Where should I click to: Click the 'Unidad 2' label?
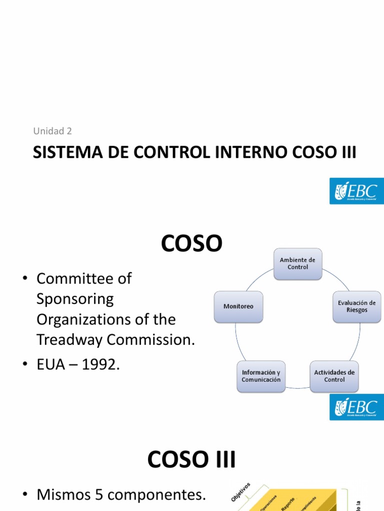[x=52, y=131]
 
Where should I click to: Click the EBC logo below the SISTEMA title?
[x=356, y=191]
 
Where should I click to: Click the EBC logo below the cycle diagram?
[x=356, y=407]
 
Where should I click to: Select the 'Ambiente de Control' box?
[x=297, y=263]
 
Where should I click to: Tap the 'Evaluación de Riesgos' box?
[x=356, y=306]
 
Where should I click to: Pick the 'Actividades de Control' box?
[x=334, y=376]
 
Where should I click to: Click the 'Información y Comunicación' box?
[x=261, y=376]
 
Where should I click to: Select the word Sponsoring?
[x=75, y=299]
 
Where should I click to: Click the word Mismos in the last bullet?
[x=63, y=481]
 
